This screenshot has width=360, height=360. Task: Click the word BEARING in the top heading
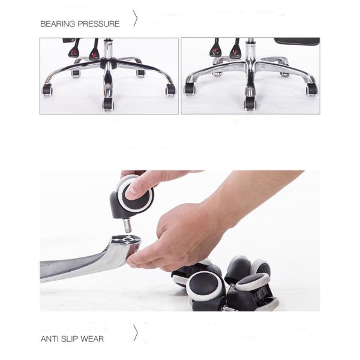point(58,24)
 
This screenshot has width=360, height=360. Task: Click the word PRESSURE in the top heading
point(98,24)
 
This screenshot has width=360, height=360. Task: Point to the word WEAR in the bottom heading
point(92,339)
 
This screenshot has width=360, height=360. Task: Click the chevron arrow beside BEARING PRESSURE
point(136,19)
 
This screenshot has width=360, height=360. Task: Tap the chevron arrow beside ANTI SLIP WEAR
point(136,332)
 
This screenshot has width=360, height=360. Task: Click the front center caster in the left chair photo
point(108,104)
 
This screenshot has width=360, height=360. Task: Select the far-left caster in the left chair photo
point(47,89)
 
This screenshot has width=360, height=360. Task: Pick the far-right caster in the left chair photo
point(171,89)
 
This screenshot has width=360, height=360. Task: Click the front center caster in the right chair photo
point(250,103)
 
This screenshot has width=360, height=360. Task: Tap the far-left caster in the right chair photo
point(190,88)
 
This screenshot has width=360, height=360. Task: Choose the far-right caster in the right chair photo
point(312,89)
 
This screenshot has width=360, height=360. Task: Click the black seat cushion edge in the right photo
point(297,41)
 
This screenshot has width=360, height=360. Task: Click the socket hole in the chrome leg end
point(127,240)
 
